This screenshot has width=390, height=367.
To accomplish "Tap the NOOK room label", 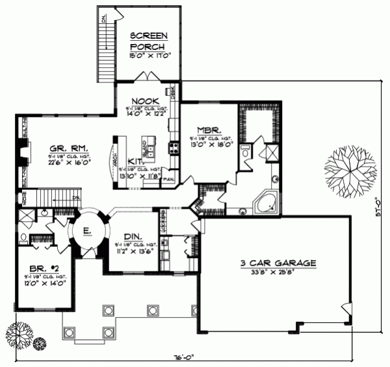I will tap(142, 101).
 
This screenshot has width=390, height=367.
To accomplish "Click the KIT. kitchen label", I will tap(135, 162).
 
